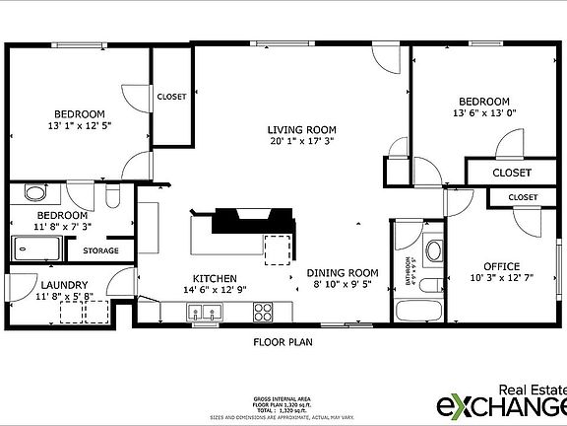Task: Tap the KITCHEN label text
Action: pos(213,278)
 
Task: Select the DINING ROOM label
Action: pos(343,273)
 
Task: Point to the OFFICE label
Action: pos(500,266)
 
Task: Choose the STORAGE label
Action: pos(100,250)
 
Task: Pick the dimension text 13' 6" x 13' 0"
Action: pos(484,114)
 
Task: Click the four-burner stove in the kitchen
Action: pos(263,313)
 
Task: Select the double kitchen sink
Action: pos(206,314)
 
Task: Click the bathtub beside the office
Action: pos(419,312)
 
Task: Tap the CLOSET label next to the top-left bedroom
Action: pos(171,97)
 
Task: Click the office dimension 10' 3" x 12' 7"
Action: pos(500,278)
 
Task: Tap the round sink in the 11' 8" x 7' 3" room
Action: pos(35,194)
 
